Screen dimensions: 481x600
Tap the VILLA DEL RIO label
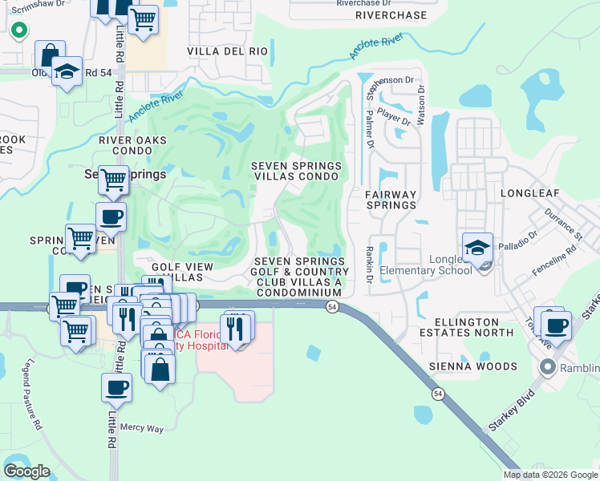click(227, 51)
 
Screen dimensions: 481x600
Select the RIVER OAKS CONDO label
click(132, 145)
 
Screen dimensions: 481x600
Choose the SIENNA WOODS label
click(476, 366)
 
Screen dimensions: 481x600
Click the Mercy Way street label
click(142, 428)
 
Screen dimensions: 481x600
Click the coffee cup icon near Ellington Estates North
click(555, 324)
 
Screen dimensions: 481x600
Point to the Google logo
click(26, 471)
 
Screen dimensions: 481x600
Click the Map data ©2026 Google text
click(549, 475)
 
